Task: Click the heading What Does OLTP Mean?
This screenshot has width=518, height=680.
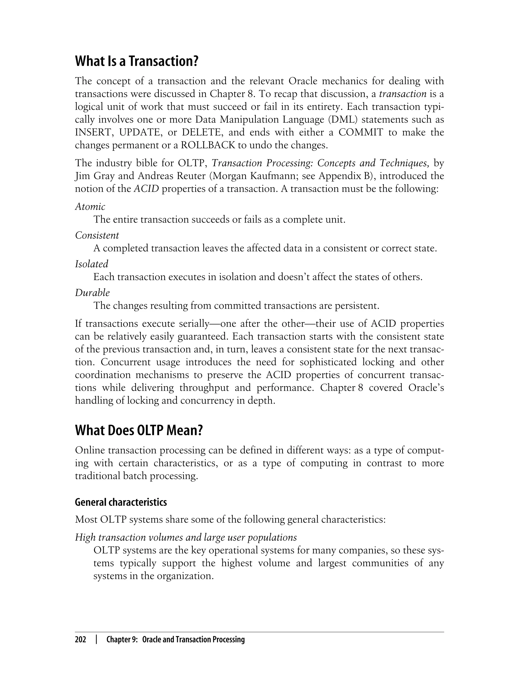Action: pyautogui.click(x=139, y=430)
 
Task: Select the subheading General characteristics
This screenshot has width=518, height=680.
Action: pyautogui.click(x=121, y=502)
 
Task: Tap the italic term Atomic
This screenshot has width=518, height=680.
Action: pyautogui.click(x=90, y=207)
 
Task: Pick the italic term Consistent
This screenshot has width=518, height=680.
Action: pyautogui.click(x=97, y=235)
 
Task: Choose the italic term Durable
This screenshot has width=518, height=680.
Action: pyautogui.click(x=92, y=293)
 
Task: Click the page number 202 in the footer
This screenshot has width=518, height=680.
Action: pyautogui.click(x=80, y=640)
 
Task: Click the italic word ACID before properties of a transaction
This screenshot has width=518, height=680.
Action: pyautogui.click(x=146, y=189)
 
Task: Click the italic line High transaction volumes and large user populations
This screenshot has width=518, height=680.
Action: pyautogui.click(x=186, y=537)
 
